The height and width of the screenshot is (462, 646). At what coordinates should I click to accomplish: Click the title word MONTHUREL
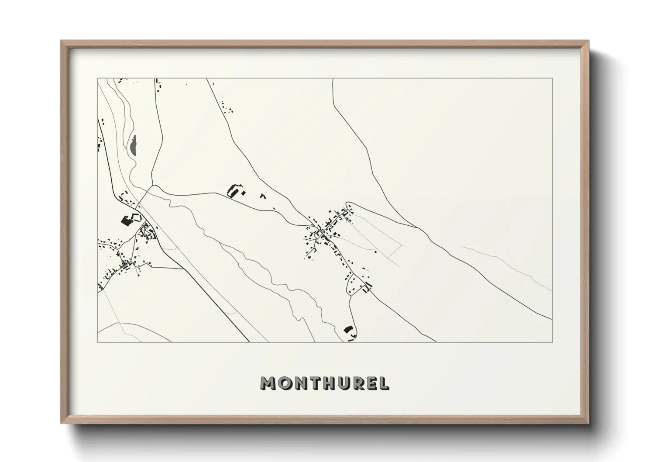324,383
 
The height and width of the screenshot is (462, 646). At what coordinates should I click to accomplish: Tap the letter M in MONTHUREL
268,383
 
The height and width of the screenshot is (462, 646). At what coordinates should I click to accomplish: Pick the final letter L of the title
384,383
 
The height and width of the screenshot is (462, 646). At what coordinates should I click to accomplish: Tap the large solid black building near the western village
127,221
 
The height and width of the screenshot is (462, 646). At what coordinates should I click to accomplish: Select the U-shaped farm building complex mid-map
235,191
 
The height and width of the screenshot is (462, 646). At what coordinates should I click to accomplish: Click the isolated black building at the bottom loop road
348,329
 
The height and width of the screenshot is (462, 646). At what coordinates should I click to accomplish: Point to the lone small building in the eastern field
375,251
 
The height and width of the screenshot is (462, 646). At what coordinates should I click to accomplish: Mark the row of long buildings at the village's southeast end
368,286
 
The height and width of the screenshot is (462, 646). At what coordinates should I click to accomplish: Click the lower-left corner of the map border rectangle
98,342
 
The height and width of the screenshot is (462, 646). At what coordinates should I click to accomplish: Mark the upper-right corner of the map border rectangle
552,79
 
